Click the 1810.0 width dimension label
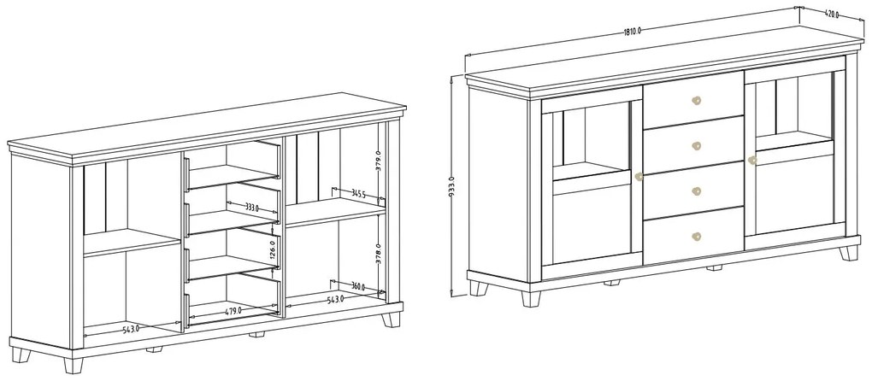(x=633, y=31)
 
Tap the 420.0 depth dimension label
(x=832, y=15)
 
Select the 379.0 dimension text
(x=378, y=161)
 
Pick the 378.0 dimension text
(x=378, y=253)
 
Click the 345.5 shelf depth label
(x=359, y=194)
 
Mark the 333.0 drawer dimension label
(x=252, y=208)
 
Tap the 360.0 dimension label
(x=358, y=286)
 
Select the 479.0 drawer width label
(x=233, y=311)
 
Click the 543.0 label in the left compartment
(x=131, y=329)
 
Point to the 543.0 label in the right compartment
(x=335, y=299)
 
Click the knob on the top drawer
(x=696, y=101)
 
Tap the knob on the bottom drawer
(x=696, y=237)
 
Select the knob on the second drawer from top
(x=696, y=145)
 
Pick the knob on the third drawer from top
(x=696, y=191)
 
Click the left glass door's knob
(x=639, y=177)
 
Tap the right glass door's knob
(x=752, y=161)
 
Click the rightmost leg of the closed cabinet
(x=849, y=253)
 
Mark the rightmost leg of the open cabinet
(x=392, y=320)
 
